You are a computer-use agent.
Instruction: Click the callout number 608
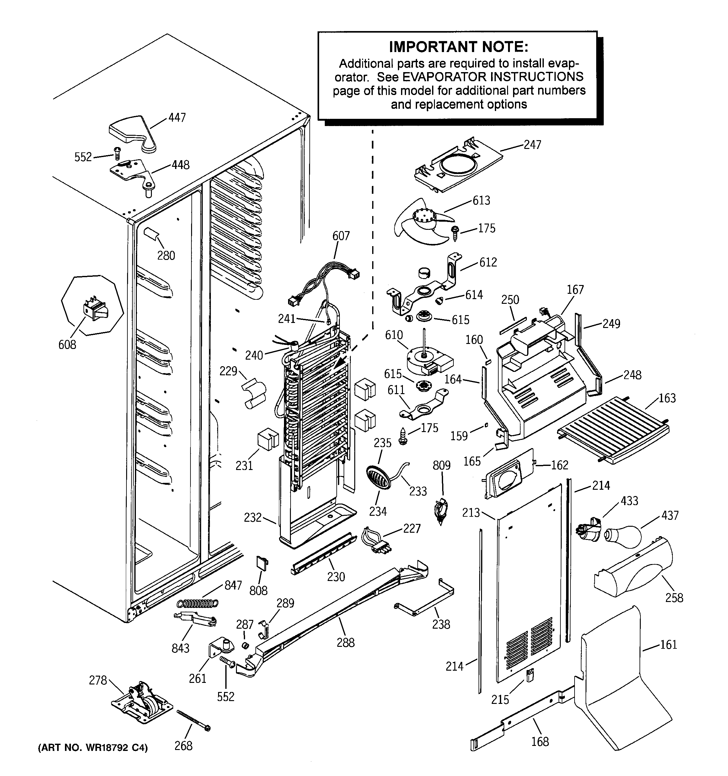point(67,344)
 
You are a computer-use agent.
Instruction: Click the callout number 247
point(532,145)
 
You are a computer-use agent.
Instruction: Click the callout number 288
point(346,642)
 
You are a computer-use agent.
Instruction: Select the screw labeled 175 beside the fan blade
point(455,233)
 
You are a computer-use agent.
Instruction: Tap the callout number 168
point(540,741)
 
